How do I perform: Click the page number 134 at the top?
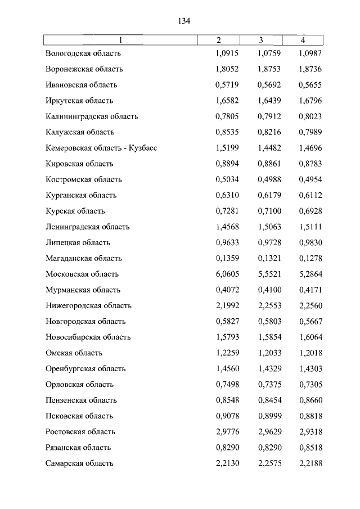184,21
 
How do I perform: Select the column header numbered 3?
261,40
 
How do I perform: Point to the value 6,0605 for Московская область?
219,274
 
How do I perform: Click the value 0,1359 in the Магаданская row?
219,258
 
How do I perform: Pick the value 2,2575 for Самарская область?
262,463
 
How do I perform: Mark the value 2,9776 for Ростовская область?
219,431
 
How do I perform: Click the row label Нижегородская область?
89,305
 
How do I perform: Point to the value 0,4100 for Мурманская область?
262,290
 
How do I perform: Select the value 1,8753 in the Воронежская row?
262,69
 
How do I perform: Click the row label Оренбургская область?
86,368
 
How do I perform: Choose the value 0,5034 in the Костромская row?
219,179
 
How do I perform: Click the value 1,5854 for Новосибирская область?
262,337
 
